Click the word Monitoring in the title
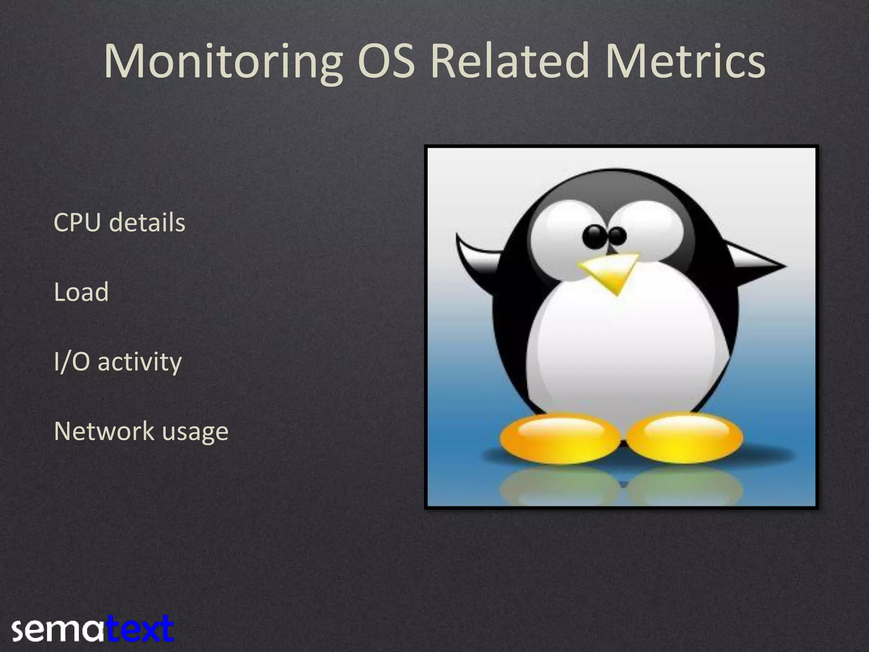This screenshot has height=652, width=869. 223,62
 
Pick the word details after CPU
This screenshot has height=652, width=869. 147,222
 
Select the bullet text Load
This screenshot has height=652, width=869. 81,292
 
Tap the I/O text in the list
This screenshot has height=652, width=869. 72,362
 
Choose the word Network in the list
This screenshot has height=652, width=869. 104,431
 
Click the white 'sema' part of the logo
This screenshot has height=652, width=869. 57,630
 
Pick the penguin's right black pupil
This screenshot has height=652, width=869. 617,236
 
